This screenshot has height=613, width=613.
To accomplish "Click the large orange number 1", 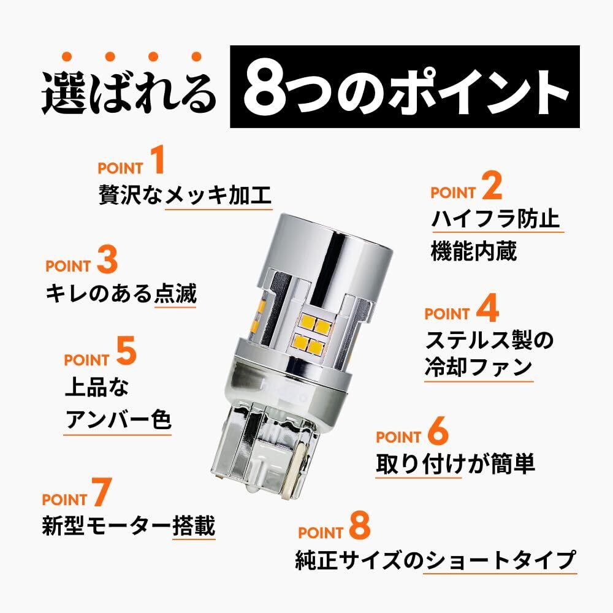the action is pos(158,160).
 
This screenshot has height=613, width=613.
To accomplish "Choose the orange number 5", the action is pos(126,352).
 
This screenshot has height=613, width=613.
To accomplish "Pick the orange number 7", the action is pos(102,492).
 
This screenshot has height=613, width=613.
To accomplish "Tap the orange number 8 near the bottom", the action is pos(360,526).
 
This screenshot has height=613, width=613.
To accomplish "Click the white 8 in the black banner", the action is pos(261,87).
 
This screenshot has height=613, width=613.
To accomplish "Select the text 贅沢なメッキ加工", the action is pos(185,195).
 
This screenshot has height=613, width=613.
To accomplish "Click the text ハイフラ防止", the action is pos(496,219).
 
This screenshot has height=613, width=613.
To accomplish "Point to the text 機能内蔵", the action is pos(474,251).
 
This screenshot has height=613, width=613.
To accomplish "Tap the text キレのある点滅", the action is pos(121,294).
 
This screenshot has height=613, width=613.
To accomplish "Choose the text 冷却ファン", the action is pos(479,367).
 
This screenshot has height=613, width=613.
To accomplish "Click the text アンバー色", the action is pos(118,420).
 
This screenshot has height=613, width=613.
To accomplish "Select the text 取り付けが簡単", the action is pos(455,463).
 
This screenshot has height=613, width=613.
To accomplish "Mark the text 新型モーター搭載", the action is pos(129,525).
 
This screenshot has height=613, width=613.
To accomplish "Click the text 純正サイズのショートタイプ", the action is pos(436,560).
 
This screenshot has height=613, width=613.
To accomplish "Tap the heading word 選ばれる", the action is pos(128,93).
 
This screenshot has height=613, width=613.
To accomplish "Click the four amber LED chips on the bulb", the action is pos(310,333).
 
